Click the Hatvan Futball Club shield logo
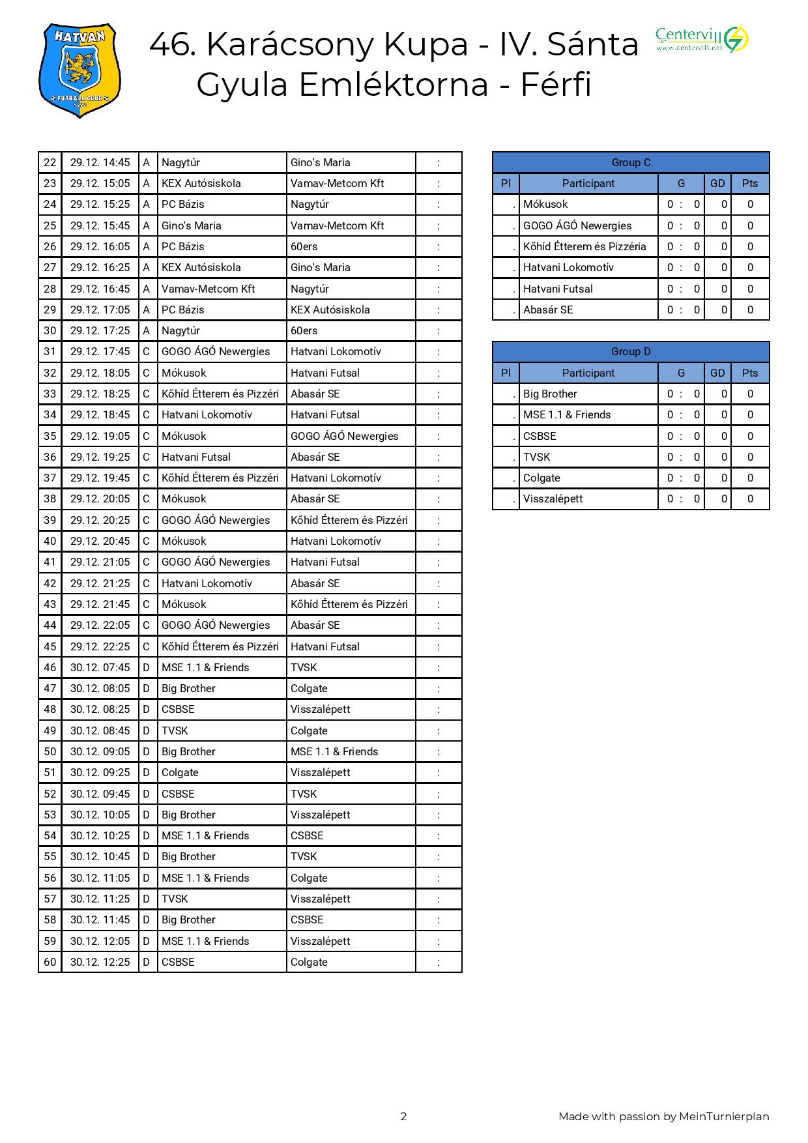79,70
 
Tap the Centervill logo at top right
701,39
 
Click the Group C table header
631,162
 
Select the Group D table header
631,352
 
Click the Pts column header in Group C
749,184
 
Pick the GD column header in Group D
717,373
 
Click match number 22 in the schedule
50,162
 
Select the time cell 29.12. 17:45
100,352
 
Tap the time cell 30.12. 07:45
100,667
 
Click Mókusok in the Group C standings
545,205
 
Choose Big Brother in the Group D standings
550,394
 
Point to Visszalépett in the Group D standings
553,499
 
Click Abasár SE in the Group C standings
548,310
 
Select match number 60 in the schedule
50,962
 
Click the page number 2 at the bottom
403,1116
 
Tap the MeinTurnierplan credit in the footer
663,1116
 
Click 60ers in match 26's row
304,246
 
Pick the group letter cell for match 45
147,646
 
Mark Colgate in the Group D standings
541,478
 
